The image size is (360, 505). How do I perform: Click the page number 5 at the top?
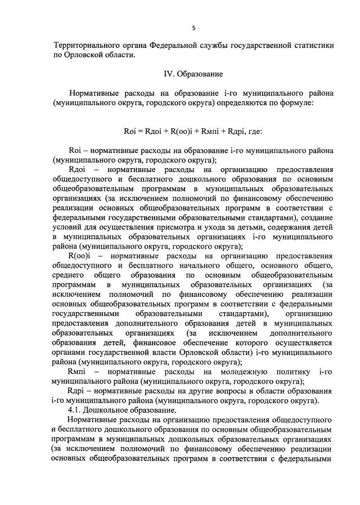pos(193,27)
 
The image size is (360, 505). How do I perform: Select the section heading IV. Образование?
pos(193,74)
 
